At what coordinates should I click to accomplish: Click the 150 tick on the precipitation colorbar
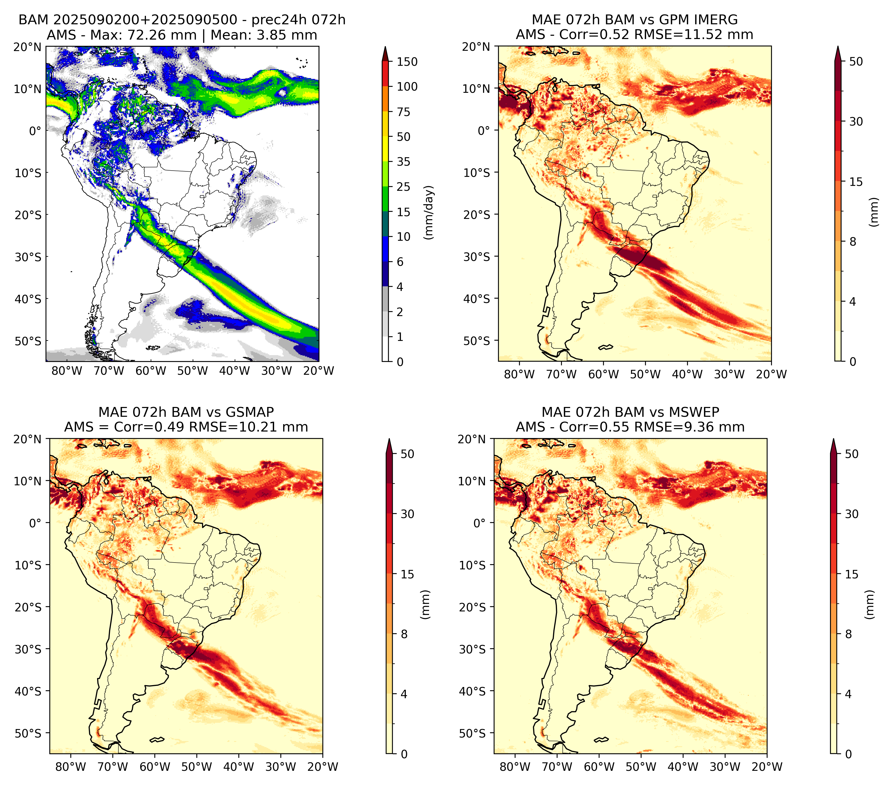pyautogui.click(x=407, y=62)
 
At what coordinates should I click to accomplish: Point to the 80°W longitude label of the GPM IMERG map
pyautogui.click(x=519, y=374)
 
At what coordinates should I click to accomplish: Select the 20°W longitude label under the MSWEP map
pyautogui.click(x=767, y=767)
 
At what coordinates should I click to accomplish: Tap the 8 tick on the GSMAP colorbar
pyautogui.click(x=404, y=634)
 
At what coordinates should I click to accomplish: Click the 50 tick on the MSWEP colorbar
pyautogui.click(x=852, y=454)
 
